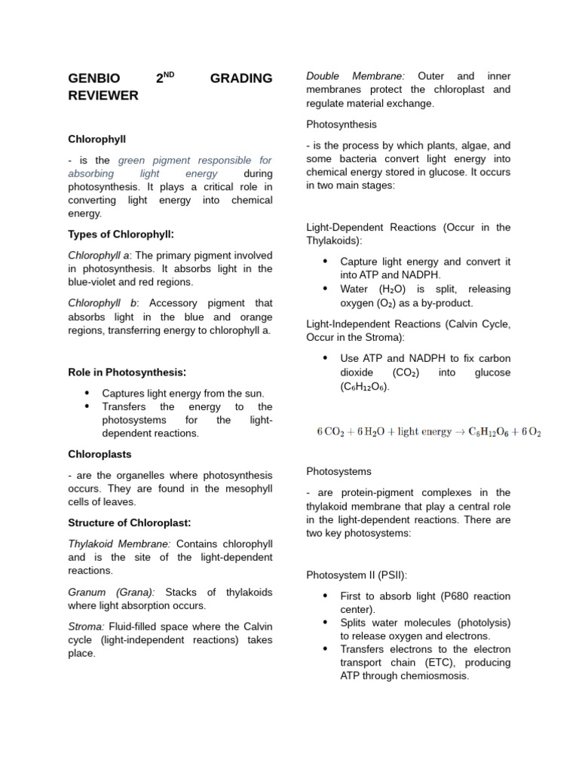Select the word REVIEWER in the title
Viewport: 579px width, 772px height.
103,95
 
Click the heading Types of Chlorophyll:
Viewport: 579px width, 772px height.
127,234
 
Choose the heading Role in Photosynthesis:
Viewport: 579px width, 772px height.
127,372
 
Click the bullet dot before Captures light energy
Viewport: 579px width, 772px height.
87,393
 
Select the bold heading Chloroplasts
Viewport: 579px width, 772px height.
100,455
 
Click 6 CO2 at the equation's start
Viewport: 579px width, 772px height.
329,432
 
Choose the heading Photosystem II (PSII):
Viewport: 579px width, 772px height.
357,574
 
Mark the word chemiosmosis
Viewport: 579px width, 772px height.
434,676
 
